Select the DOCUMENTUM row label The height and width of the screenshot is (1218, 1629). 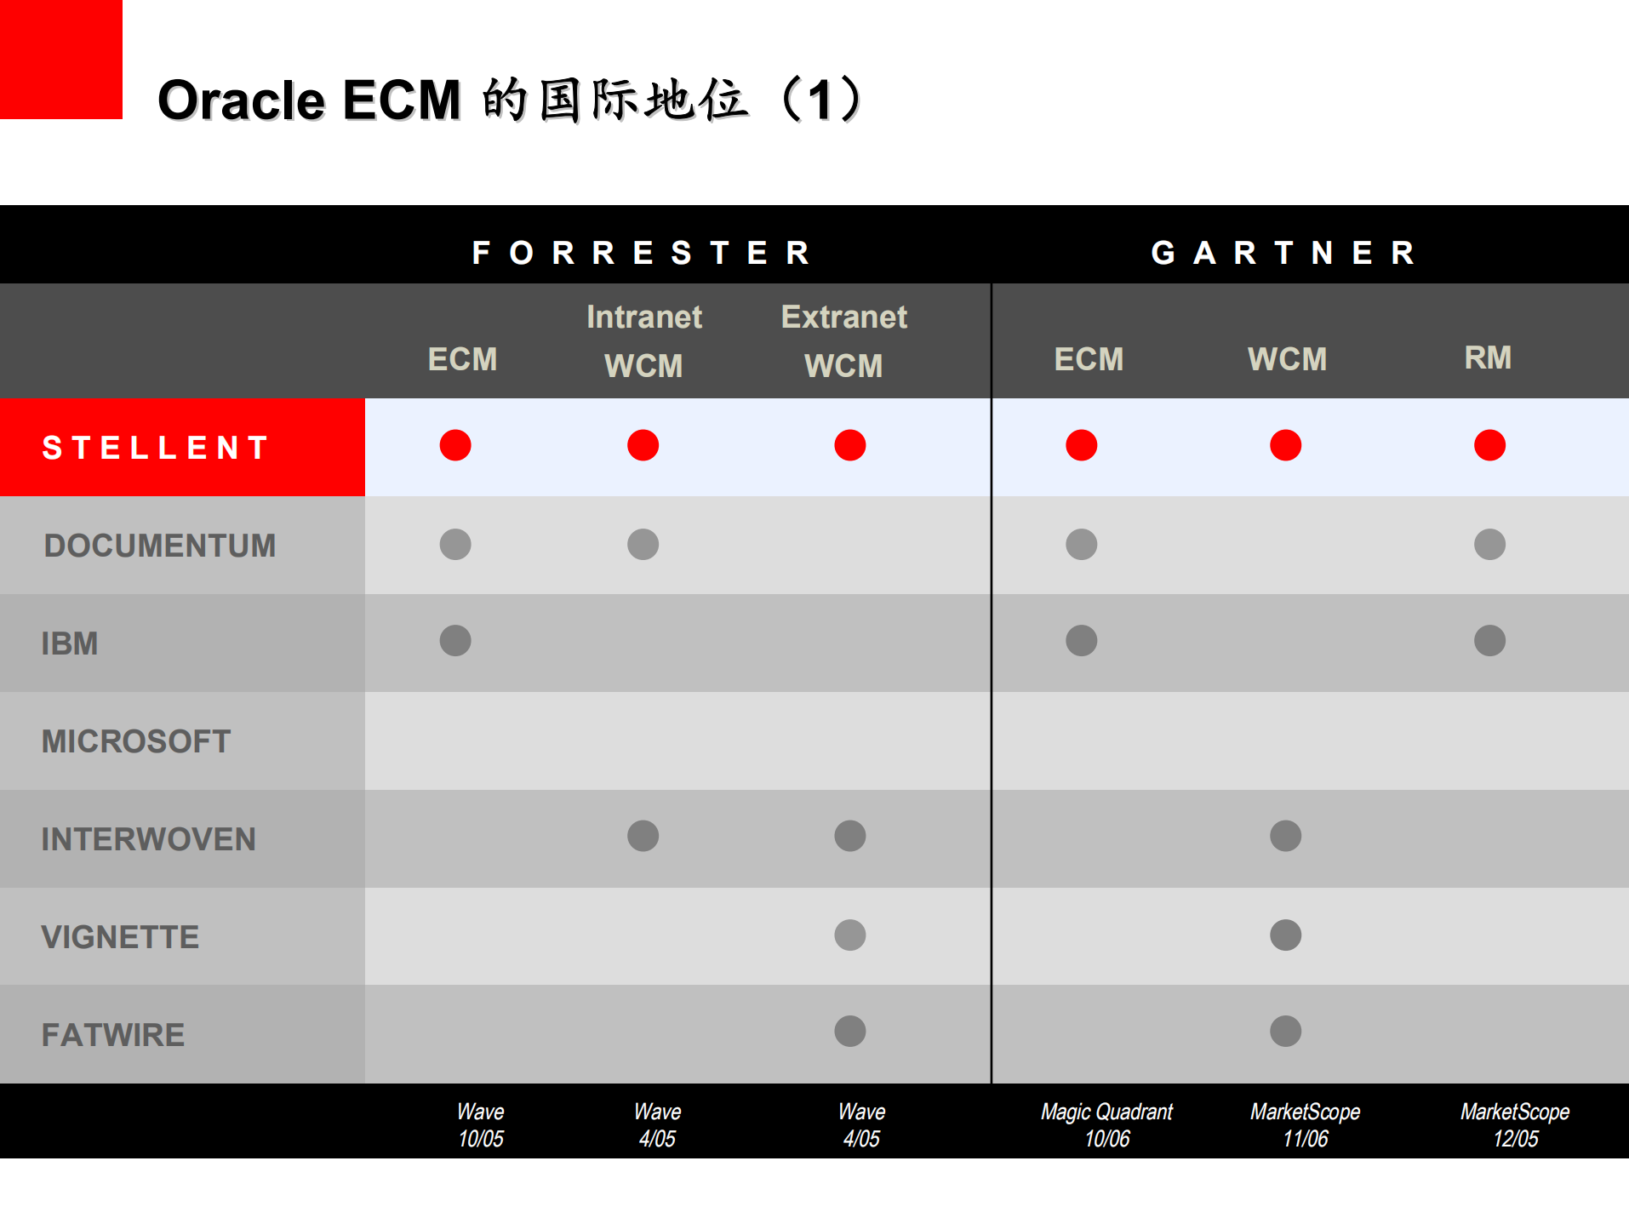point(160,546)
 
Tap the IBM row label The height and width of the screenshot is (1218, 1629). point(70,643)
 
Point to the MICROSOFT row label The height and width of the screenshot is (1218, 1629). point(136,741)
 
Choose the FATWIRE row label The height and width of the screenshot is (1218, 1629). point(113,1035)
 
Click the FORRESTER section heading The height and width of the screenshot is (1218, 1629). point(643,253)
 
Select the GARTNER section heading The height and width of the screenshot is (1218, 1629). point(1284,253)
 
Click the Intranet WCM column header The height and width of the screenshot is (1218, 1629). point(644,341)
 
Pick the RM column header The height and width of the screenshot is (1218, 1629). point(1488,357)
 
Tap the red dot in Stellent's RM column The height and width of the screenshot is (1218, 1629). point(1489,445)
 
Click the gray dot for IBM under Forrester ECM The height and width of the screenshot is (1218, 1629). point(455,640)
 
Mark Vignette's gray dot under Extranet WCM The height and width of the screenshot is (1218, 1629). point(849,935)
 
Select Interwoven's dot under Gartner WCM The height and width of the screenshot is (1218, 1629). point(1285,836)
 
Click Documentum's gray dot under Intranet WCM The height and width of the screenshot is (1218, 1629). point(643,544)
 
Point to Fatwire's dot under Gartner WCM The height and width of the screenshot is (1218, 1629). point(1285,1032)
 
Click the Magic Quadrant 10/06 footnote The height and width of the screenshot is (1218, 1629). point(1106,1124)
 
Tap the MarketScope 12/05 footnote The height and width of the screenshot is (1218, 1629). point(1515,1124)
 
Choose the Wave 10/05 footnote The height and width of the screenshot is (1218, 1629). point(481,1124)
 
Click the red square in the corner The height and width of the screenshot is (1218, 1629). point(60,59)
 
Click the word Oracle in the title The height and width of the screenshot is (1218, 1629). point(241,100)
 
